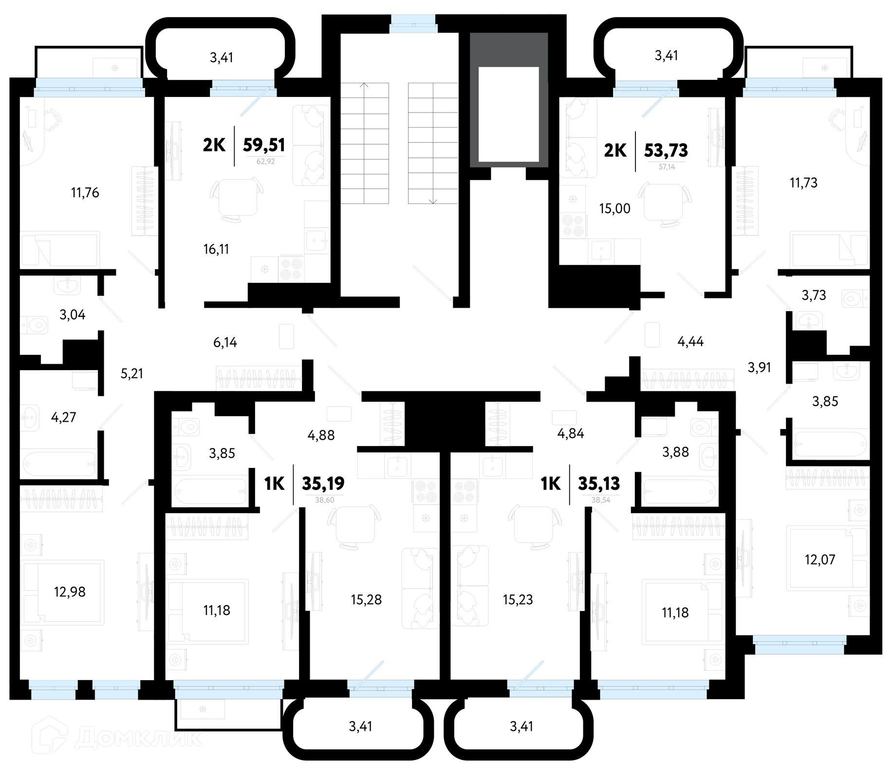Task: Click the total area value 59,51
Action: point(264,145)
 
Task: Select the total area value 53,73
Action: point(666,151)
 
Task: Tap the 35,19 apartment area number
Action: point(323,483)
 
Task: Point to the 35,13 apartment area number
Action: point(599,483)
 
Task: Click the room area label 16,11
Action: point(216,249)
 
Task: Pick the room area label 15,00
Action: point(614,208)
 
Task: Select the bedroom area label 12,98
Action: point(70,592)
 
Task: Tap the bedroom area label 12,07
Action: point(820,560)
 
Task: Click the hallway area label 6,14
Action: point(225,343)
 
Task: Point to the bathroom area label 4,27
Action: point(64,417)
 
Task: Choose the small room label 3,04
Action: point(73,315)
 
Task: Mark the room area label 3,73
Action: point(814,295)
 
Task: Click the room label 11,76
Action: point(85,193)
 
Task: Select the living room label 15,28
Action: point(366,600)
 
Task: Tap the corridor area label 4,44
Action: point(690,342)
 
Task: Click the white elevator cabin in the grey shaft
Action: point(508,114)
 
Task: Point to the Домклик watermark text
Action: point(139,738)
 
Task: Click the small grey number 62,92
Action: point(266,162)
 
